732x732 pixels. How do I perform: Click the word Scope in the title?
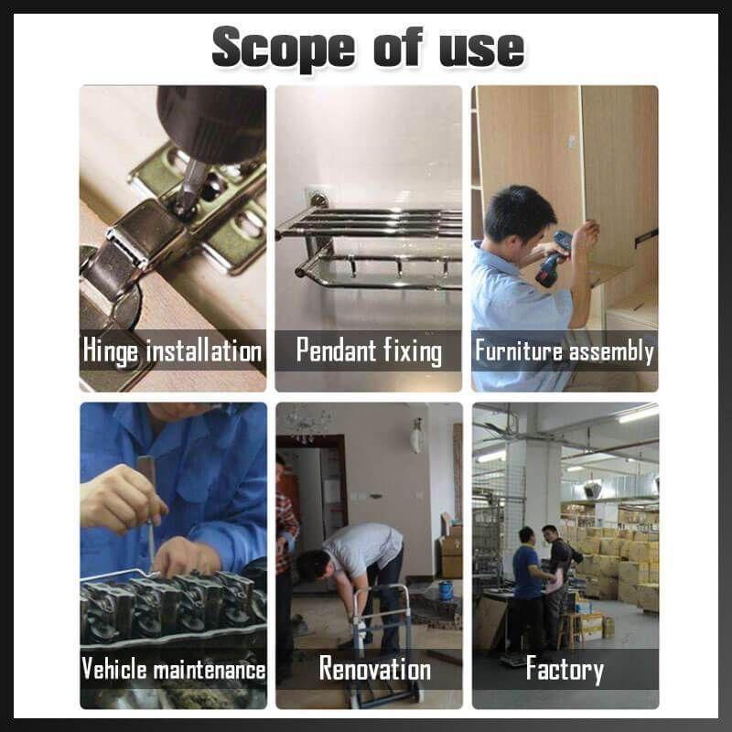284,49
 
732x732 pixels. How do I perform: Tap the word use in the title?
482,48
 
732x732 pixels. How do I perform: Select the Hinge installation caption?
172,351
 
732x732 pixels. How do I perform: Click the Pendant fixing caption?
369,351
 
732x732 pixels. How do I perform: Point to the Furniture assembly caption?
565,351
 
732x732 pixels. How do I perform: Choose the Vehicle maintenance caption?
173,669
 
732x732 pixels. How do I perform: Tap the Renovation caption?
375,668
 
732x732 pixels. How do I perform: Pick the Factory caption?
565,669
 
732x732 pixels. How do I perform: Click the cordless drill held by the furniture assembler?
554,259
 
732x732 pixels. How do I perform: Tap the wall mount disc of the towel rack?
318,200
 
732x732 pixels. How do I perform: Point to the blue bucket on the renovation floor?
446,590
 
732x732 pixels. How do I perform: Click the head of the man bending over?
314,565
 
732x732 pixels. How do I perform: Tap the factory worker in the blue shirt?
529,589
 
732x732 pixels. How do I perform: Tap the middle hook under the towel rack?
398,267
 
